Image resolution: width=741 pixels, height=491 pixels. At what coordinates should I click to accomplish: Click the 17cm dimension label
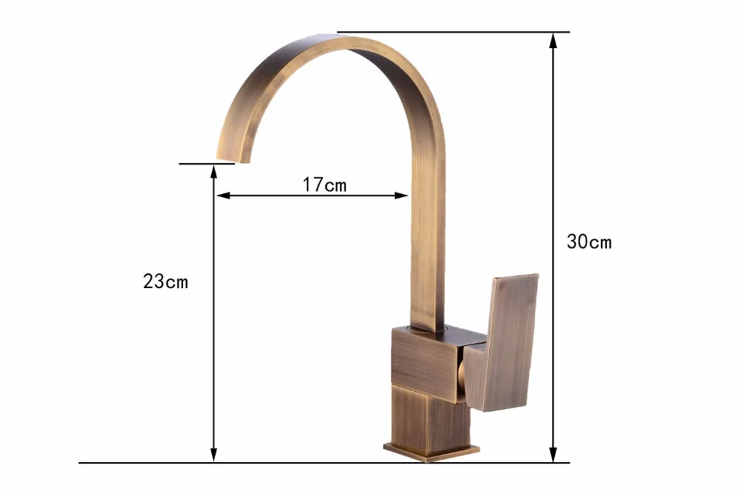pyautogui.click(x=325, y=184)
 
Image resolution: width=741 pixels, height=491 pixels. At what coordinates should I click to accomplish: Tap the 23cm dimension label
pyautogui.click(x=165, y=281)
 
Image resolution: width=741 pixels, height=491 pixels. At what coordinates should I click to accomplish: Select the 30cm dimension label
pyautogui.click(x=589, y=241)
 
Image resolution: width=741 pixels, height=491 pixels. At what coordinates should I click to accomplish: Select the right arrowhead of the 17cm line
pyautogui.click(x=401, y=196)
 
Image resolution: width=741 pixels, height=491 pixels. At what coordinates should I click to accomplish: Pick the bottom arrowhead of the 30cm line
pyautogui.click(x=553, y=455)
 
